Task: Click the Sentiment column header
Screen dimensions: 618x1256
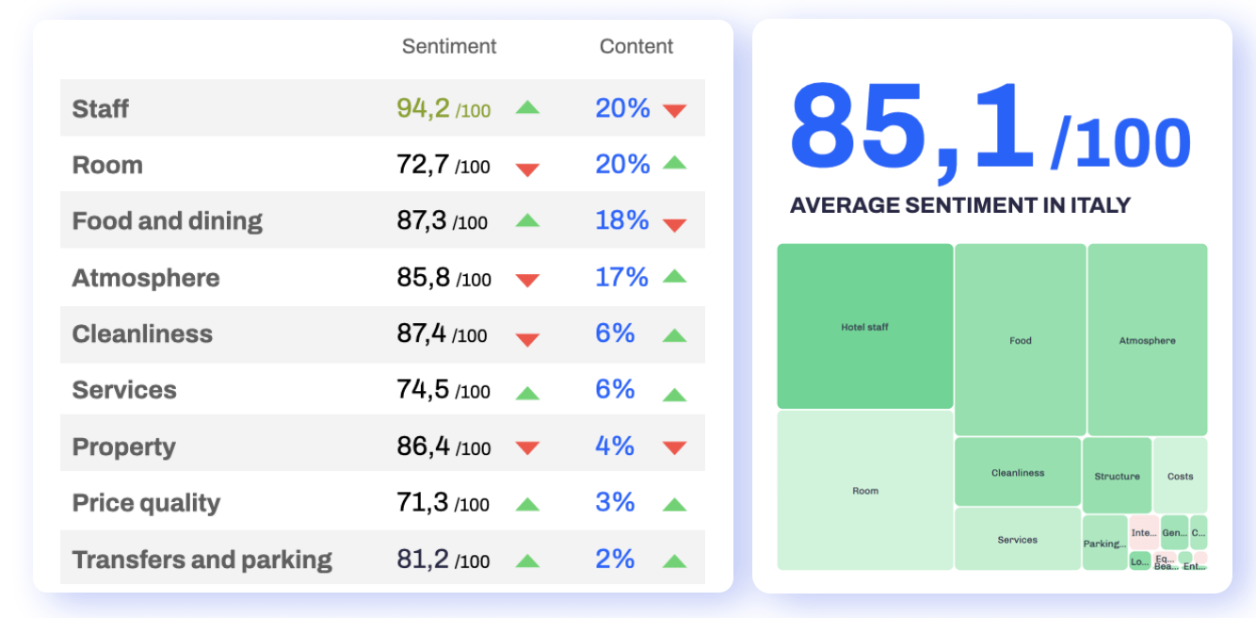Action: click(x=449, y=46)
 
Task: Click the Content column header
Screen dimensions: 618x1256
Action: click(x=636, y=46)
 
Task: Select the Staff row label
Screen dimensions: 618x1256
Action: click(x=101, y=108)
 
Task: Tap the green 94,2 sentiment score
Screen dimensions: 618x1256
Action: click(x=424, y=108)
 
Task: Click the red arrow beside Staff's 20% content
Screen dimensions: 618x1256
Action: click(x=674, y=110)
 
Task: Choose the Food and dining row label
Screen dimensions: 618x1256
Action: click(x=168, y=221)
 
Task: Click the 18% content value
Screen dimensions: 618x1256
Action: click(x=621, y=220)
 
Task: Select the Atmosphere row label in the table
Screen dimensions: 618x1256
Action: click(x=146, y=278)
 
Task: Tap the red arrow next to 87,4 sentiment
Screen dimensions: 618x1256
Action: click(x=527, y=339)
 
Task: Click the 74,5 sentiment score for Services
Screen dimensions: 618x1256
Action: click(x=424, y=390)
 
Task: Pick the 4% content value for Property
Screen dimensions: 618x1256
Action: click(x=615, y=447)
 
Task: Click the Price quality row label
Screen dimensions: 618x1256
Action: click(x=146, y=503)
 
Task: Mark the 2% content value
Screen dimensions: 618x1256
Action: click(x=615, y=560)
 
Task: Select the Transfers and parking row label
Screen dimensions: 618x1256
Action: click(x=202, y=560)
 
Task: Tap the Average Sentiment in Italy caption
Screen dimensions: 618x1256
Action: click(x=959, y=205)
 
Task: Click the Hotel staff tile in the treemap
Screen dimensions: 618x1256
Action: click(x=864, y=327)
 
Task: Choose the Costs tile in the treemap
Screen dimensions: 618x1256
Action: click(x=1180, y=476)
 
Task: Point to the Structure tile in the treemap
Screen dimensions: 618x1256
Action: click(x=1117, y=476)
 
